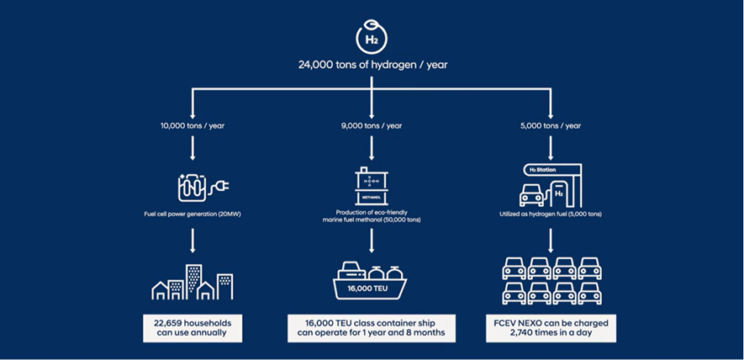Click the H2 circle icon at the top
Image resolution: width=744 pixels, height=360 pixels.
point(371,39)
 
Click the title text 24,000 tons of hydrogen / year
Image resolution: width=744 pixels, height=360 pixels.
point(371,64)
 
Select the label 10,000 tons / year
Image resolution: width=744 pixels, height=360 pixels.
point(193,125)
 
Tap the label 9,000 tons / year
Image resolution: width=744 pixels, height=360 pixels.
point(371,125)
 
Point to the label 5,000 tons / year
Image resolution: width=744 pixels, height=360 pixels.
point(550,125)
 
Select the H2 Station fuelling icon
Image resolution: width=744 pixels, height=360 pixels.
point(549,184)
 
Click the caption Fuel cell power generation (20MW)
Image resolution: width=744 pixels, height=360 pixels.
point(193,214)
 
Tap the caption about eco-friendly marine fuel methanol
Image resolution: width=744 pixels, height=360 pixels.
point(371,214)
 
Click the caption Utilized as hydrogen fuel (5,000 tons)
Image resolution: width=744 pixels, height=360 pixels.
point(550,214)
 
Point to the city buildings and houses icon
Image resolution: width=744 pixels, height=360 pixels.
point(193,282)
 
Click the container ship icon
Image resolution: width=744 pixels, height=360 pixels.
point(371,281)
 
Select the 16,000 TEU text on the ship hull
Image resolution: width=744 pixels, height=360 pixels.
point(371,290)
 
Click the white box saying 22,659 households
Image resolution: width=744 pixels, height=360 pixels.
point(193,328)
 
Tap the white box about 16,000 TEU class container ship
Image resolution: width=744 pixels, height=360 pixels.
point(371,328)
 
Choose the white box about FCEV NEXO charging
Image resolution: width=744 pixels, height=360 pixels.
point(551,328)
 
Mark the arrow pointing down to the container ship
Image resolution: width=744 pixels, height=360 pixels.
point(371,242)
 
